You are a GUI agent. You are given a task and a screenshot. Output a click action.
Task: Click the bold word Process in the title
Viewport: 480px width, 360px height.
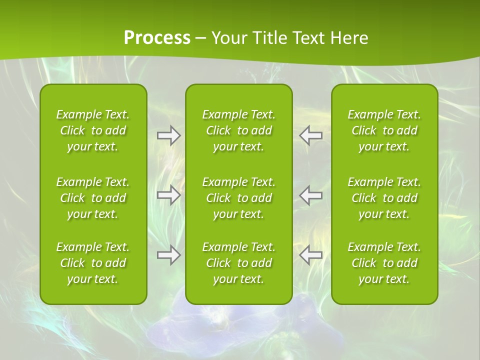click(x=157, y=38)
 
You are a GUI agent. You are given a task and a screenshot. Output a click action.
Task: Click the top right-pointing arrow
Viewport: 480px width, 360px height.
click(x=168, y=135)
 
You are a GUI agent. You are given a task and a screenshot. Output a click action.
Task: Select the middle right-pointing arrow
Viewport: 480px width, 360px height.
click(x=168, y=195)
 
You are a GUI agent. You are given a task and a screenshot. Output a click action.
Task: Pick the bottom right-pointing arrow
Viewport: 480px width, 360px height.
click(x=168, y=255)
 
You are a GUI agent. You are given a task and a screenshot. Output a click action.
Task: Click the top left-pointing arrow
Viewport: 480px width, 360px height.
click(x=310, y=135)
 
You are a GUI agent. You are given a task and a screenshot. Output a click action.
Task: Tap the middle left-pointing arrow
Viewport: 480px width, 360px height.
click(x=310, y=195)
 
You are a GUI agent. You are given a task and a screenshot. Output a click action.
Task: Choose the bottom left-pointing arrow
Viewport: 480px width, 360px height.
click(x=310, y=255)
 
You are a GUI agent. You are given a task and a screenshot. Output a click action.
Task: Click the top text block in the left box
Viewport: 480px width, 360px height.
click(x=93, y=130)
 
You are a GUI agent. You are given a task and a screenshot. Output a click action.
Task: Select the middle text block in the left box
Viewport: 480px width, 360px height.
click(x=93, y=198)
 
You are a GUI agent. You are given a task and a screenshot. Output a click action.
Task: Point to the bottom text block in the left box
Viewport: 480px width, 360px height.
click(x=93, y=263)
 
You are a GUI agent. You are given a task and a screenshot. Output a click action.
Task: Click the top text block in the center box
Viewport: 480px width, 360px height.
click(x=239, y=130)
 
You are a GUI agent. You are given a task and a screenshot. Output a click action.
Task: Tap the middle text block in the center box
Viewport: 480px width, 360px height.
click(x=239, y=198)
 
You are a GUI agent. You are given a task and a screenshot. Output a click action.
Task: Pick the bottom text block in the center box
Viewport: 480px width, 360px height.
click(x=239, y=263)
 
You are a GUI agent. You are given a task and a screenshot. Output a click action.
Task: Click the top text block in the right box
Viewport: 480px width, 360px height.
click(x=384, y=130)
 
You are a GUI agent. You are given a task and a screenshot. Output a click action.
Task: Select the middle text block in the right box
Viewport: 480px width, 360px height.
click(x=384, y=198)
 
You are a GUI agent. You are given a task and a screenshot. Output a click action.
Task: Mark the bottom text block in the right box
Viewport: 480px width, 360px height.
click(x=384, y=263)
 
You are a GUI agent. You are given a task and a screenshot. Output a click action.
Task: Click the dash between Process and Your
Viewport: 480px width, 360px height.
click(x=200, y=38)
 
